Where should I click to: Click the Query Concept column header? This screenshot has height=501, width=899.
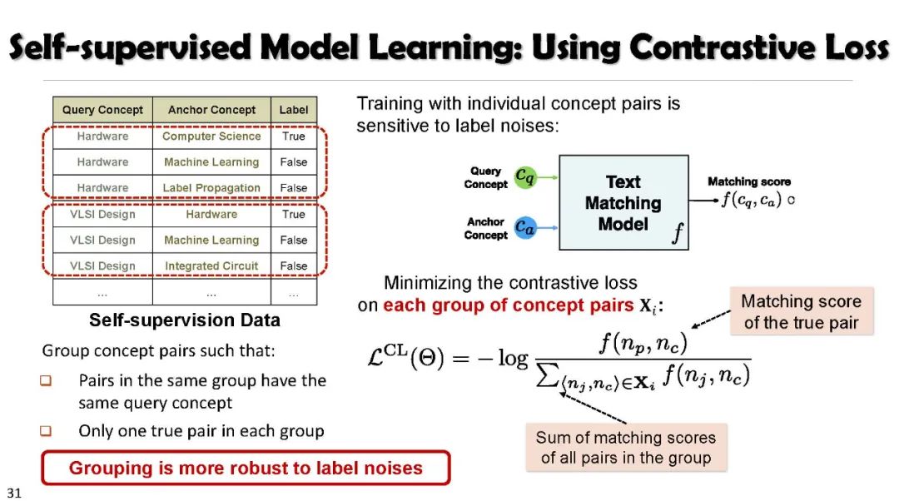click(102, 110)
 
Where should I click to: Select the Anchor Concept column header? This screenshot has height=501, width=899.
click(211, 110)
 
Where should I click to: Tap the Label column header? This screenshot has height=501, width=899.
click(294, 110)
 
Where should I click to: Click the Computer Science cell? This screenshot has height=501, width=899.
click(211, 136)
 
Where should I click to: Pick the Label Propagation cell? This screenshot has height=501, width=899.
click(211, 188)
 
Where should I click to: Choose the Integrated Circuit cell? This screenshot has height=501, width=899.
click(211, 266)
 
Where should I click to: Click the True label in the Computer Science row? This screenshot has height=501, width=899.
click(294, 136)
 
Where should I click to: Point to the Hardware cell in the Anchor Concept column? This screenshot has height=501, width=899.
click(211, 214)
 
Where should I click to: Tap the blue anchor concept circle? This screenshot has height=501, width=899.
click(524, 226)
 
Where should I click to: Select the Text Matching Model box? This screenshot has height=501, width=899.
click(623, 203)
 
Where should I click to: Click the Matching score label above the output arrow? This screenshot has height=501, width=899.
click(749, 181)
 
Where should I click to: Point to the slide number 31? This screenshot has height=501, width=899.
click(13, 493)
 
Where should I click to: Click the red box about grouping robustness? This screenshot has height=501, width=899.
click(246, 468)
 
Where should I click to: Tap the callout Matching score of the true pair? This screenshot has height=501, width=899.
click(801, 312)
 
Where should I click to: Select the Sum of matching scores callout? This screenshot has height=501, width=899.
click(625, 448)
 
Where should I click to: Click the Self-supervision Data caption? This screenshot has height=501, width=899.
click(185, 320)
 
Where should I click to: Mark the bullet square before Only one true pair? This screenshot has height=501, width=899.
click(46, 431)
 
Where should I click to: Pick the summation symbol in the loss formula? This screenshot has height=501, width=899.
click(545, 376)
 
